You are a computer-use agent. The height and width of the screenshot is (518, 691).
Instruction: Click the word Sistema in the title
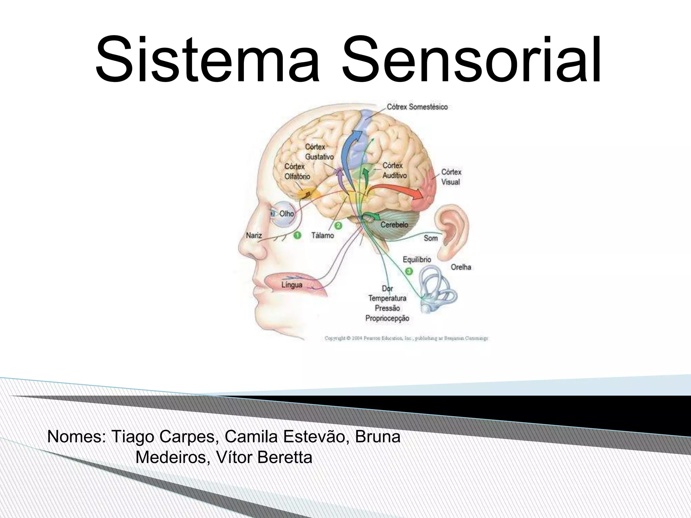pyautogui.click(x=207, y=60)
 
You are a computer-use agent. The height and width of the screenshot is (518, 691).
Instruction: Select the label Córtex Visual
pyautogui.click(x=451, y=177)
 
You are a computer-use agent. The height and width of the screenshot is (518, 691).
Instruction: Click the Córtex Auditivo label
pyautogui.click(x=394, y=171)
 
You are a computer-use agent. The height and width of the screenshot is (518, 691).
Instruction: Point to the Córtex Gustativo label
pyautogui.click(x=319, y=152)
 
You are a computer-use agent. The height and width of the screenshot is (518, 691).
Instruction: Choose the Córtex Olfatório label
pyautogui.click(x=297, y=171)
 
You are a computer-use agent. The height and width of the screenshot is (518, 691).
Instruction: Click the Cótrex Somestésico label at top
pyautogui.click(x=417, y=107)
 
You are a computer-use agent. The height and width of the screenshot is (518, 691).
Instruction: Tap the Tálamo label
pyautogui.click(x=322, y=235)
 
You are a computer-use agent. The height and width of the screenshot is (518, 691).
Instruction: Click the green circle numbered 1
pyautogui.click(x=297, y=235)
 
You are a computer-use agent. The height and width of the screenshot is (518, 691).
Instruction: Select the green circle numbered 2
pyautogui.click(x=338, y=225)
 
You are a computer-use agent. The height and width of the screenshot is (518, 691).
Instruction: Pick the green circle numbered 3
pyautogui.click(x=409, y=271)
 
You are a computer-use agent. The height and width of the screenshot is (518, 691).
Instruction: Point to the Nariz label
pyautogui.click(x=254, y=235)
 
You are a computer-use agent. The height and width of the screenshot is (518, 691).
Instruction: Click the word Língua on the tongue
pyautogui.click(x=292, y=285)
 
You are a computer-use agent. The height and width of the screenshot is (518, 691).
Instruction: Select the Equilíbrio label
pyautogui.click(x=417, y=259)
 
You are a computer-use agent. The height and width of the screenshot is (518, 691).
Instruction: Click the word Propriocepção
pyautogui.click(x=387, y=318)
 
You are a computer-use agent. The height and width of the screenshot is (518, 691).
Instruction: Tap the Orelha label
pyautogui.click(x=461, y=267)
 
